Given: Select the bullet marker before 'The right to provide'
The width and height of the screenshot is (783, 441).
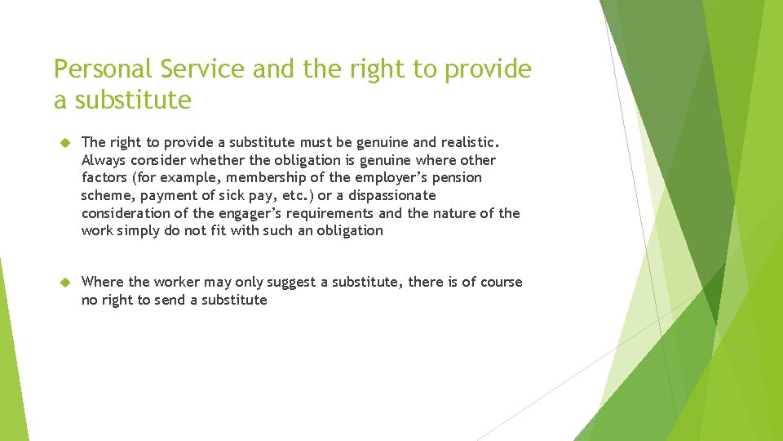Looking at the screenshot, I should click(67, 143).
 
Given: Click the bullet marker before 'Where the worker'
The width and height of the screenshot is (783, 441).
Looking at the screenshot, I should click(67, 283).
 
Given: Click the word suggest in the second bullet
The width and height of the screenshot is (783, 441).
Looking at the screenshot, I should click(290, 282).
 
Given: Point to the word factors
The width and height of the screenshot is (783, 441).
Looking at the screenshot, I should click(105, 178).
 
